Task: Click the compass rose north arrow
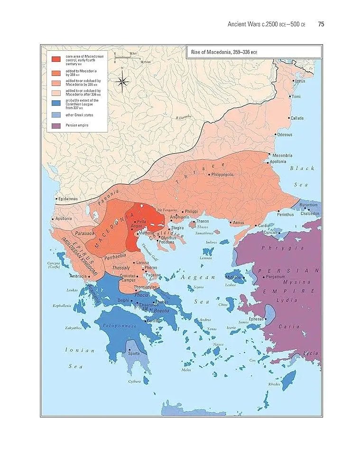coord(122,81)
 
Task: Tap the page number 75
coord(321,24)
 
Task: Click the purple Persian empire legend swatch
coord(56,126)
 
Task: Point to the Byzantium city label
coord(309,205)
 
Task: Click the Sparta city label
coord(134,354)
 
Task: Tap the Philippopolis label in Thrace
coord(224,175)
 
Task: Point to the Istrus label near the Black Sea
coord(300,81)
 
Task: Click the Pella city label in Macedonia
coord(141,222)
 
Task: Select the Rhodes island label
coord(274,384)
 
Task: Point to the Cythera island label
coord(134,381)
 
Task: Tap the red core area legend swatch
coord(56,59)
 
